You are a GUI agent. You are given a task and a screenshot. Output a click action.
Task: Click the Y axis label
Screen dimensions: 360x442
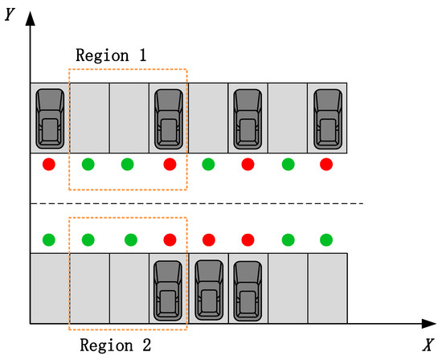pyautogui.click(x=10, y=14)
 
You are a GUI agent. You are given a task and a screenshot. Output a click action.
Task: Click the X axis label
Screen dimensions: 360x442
pyautogui.click(x=428, y=345)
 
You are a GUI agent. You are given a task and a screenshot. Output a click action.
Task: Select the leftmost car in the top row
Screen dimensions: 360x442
pyautogui.click(x=50, y=117)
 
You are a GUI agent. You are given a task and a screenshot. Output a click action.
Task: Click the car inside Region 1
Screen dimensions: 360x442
pyautogui.click(x=169, y=117)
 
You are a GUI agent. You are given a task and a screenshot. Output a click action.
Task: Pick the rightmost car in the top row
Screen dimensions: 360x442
pyautogui.click(x=327, y=117)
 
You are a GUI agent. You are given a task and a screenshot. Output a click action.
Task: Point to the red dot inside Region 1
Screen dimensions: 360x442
pyautogui.click(x=169, y=165)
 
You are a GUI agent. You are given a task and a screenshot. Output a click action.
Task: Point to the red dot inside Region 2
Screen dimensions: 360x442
pyautogui.click(x=169, y=239)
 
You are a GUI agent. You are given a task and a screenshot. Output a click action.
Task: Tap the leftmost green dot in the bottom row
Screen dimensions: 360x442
pyautogui.click(x=49, y=239)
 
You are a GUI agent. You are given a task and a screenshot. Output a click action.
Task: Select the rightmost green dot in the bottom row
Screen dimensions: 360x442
pyautogui.click(x=326, y=239)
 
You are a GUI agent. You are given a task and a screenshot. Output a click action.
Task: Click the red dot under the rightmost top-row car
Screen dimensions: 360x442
pyautogui.click(x=326, y=165)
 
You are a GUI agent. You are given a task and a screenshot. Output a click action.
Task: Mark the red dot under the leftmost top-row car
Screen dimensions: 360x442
pyautogui.click(x=49, y=165)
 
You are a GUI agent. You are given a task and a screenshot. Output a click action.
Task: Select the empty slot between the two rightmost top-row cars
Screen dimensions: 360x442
pyautogui.click(x=287, y=117)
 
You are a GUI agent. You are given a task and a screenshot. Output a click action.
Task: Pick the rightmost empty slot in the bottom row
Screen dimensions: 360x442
pyautogui.click(x=327, y=288)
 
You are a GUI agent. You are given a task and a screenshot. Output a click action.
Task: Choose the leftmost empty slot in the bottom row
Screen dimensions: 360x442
pyautogui.click(x=50, y=288)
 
